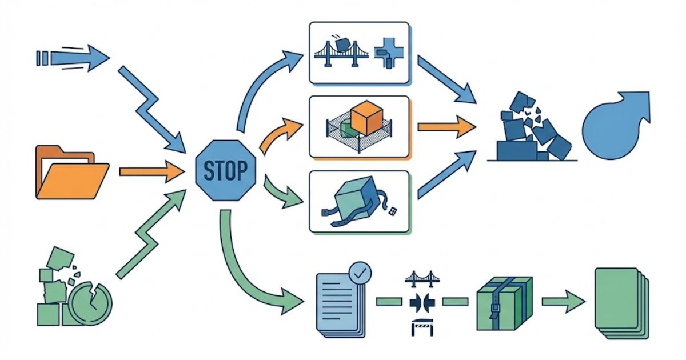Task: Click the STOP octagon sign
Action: tap(226, 170)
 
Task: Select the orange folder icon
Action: tap(72, 172)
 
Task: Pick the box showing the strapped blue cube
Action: tap(360, 202)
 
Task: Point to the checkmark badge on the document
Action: tap(359, 274)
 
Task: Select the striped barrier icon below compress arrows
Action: tap(422, 326)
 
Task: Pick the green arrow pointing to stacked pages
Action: tap(564, 301)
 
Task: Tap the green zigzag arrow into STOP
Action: tap(151, 234)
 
